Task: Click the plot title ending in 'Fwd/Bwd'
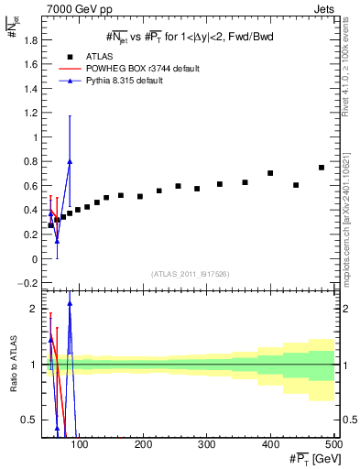[x=190, y=36]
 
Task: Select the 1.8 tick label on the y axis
[x=30, y=40]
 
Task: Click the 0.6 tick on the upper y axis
[x=30, y=186]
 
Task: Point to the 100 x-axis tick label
[x=81, y=445]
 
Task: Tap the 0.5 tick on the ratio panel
[x=32, y=420]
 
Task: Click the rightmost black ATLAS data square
[x=322, y=168]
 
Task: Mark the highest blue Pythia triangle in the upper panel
[x=70, y=161]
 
